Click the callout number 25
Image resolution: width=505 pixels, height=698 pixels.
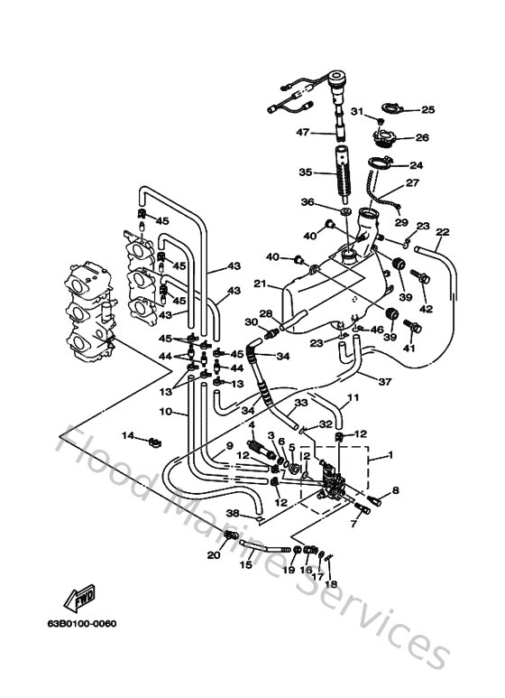click(x=427, y=110)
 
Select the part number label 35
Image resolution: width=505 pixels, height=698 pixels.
click(x=305, y=172)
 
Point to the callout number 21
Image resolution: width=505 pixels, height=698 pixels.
click(x=260, y=284)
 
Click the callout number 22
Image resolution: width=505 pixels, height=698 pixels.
click(x=441, y=232)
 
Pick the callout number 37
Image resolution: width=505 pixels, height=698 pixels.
click(x=385, y=382)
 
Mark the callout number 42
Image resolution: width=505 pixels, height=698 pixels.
click(x=427, y=309)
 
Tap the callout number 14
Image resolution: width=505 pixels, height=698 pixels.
click(x=129, y=436)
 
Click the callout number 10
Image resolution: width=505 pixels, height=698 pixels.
click(x=165, y=412)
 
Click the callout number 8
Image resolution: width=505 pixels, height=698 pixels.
click(x=394, y=490)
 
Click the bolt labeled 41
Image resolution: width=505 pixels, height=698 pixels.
click(x=411, y=324)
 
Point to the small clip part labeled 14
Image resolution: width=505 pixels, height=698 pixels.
click(x=153, y=442)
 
